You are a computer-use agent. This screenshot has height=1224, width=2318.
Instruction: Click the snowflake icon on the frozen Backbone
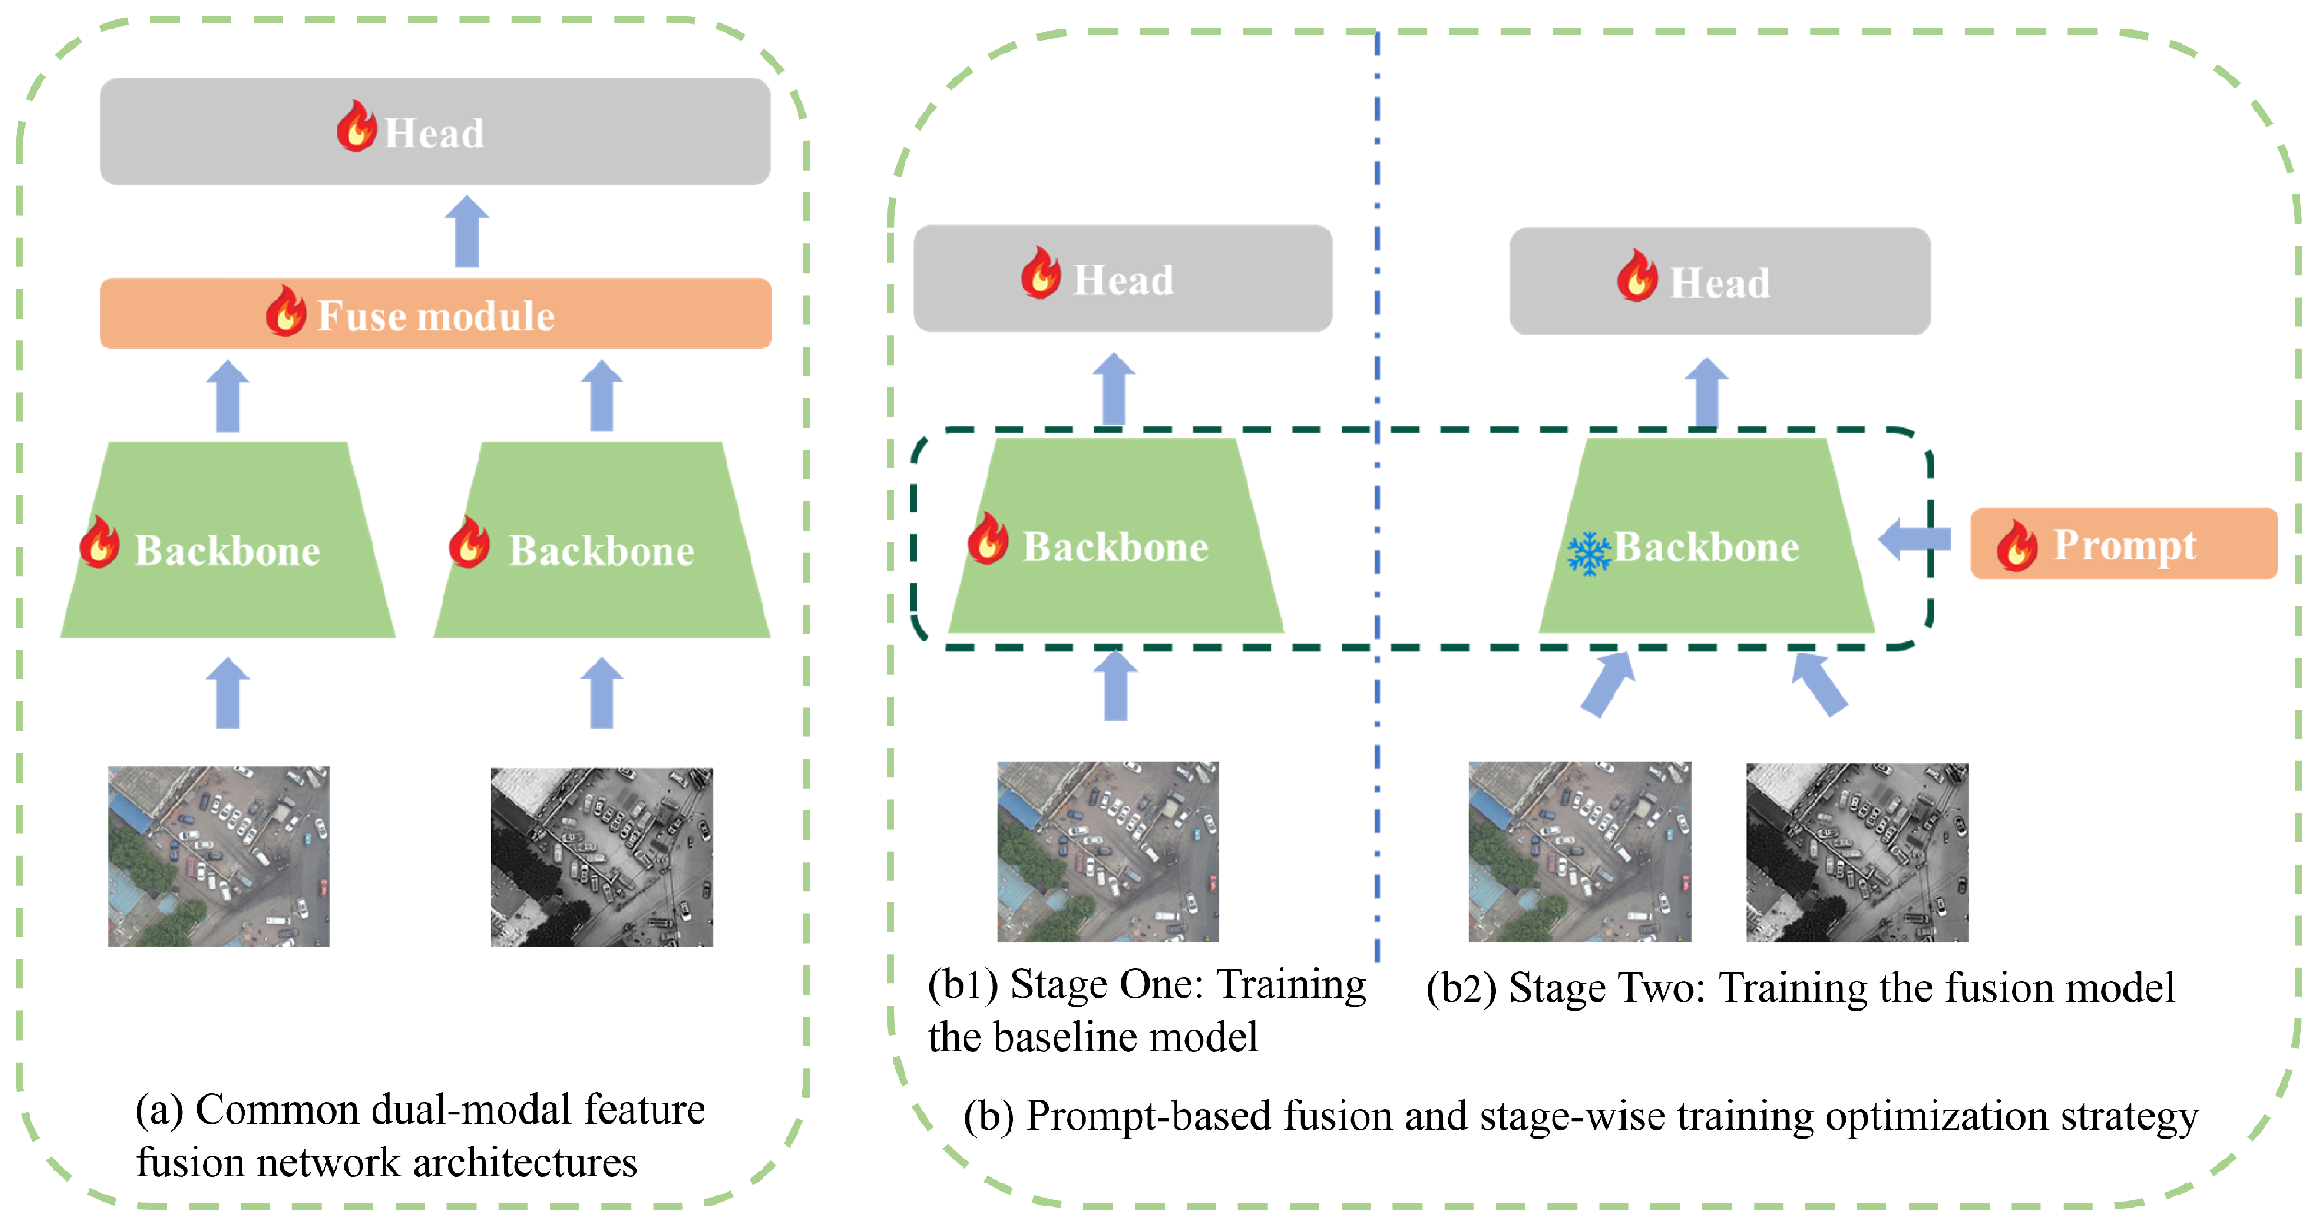1589,553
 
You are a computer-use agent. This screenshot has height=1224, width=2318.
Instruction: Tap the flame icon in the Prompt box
2016,546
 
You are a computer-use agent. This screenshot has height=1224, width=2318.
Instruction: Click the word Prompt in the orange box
2124,544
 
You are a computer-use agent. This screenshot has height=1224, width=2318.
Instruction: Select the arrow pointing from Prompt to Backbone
1914,539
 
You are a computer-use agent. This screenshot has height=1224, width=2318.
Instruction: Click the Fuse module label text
435,316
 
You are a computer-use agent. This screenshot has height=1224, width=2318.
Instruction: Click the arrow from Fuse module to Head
467,231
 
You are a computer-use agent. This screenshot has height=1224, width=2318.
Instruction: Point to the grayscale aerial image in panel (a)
601,856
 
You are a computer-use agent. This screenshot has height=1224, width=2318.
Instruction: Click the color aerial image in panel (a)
219,856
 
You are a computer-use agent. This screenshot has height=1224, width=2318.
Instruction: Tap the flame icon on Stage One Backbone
988,537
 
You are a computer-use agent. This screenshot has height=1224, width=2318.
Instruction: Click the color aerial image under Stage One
1107,851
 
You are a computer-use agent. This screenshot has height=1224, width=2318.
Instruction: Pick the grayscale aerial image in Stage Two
1856,852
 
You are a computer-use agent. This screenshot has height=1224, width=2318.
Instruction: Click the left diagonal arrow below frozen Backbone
1608,684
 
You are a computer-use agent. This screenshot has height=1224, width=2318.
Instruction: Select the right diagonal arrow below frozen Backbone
1818,684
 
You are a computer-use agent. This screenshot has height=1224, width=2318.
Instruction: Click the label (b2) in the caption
1461,989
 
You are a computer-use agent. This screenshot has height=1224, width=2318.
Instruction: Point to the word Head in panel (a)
433,134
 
